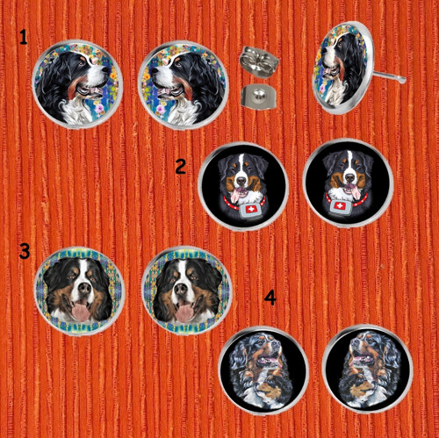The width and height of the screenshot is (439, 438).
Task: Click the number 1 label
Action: click(x=23, y=38)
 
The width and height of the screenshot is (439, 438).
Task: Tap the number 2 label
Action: click(x=181, y=167)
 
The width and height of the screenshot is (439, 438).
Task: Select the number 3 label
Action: click(x=25, y=251)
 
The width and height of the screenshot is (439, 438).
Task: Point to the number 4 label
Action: click(x=270, y=298)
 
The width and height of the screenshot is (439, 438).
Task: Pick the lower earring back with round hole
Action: click(x=258, y=95)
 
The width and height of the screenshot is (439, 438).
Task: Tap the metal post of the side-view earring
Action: click(x=389, y=75)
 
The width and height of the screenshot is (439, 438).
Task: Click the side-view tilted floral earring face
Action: click(x=342, y=68)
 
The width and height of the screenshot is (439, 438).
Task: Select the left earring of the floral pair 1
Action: click(x=77, y=84)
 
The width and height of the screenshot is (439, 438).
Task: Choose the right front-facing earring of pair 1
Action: click(x=184, y=85)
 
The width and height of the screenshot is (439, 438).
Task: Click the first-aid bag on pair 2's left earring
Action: click(x=249, y=210)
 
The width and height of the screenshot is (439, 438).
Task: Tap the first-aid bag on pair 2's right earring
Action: click(x=340, y=207)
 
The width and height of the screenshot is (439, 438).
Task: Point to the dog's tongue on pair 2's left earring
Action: click(x=235, y=194)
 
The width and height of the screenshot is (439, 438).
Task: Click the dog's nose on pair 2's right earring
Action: click(x=349, y=177)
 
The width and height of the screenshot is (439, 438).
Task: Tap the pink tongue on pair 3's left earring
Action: click(x=81, y=312)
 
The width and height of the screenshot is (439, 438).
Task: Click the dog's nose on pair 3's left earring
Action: click(x=85, y=289)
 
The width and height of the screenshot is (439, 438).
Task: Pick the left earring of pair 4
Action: click(x=264, y=370)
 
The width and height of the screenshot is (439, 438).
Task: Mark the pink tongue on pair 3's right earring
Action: click(x=185, y=312)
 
